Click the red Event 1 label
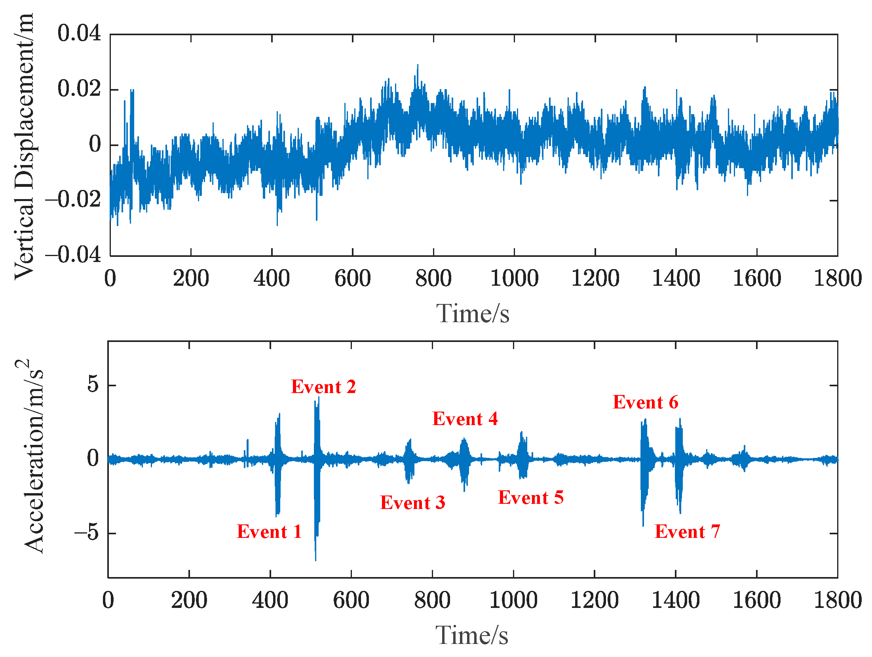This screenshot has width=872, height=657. click(269, 532)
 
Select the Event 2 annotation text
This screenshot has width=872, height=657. click(323, 387)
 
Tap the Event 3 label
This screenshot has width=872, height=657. click(412, 503)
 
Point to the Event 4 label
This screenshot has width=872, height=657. click(465, 419)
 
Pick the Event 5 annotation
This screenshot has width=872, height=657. click(530, 497)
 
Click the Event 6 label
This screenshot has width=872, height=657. click(645, 402)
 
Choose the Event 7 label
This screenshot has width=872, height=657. click(687, 532)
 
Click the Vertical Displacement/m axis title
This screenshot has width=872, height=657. click(25, 146)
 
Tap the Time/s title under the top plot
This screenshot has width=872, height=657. click(473, 314)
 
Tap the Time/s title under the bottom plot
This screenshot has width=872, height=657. click(472, 636)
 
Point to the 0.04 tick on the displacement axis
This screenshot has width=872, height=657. click(79, 33)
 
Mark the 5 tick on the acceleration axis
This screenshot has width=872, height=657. click(93, 384)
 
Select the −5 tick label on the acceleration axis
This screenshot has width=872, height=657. click(87, 532)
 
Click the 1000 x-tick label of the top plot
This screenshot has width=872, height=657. click(514, 278)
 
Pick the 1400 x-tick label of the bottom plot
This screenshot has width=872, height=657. click(675, 600)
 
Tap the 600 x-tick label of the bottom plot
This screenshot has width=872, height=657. click(351, 600)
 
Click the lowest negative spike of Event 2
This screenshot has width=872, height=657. click(315, 560)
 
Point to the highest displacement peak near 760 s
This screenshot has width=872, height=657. click(418, 65)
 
